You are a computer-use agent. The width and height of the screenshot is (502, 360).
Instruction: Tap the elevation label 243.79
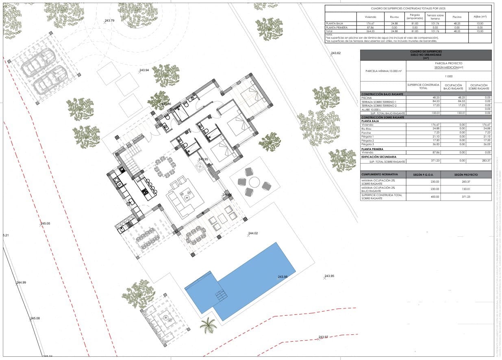coord(109,20)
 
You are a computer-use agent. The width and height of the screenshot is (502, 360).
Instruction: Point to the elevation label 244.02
coord(253,233)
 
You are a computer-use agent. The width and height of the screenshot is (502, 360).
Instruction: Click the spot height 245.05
coord(45,224)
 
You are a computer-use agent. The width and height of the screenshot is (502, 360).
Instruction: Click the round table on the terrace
coord(254,182)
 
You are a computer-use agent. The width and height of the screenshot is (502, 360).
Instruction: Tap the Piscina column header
coord(457,17)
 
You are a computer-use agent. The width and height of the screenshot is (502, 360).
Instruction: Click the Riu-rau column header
coord(393,17)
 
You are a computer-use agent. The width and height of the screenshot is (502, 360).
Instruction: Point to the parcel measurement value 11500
coord(449,76)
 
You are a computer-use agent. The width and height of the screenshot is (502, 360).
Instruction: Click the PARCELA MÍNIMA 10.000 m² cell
coord(383,71)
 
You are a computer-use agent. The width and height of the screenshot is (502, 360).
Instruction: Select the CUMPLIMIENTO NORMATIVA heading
coord(378,175)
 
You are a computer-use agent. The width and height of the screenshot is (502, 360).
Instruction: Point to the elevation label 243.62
coord(336,53)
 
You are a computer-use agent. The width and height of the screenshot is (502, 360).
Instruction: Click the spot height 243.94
coord(144,70)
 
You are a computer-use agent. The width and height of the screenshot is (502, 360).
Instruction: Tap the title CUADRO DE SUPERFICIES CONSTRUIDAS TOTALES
coord(408,8)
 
